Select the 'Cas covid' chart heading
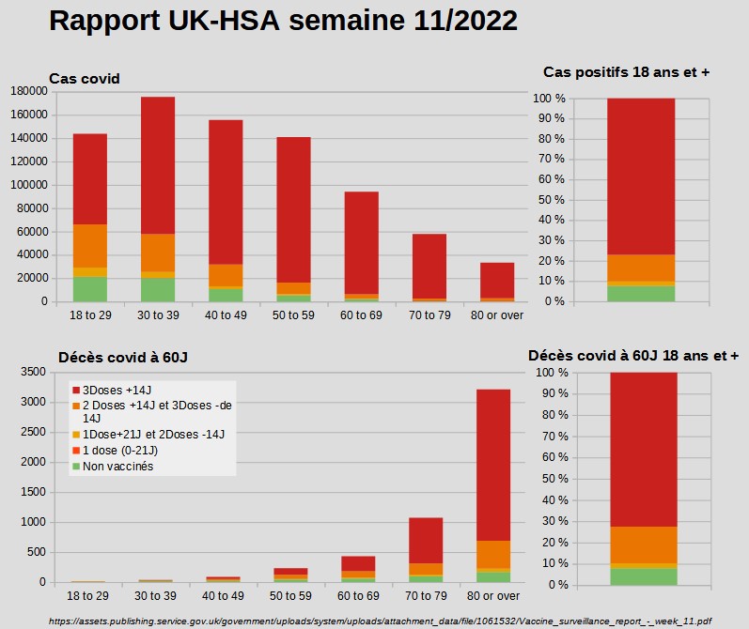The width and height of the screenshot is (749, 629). click(85, 79)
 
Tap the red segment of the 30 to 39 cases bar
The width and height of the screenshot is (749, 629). click(158, 164)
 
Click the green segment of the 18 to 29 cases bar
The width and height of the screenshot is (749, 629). click(90, 289)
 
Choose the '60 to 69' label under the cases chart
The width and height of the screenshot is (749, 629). click(361, 314)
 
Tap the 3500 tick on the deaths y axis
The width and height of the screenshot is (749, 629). click(33, 372)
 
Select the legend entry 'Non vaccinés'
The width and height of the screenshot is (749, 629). click(117, 466)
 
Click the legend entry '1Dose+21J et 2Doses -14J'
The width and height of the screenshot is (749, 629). click(145, 434)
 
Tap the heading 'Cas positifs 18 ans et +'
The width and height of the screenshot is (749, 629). click(626, 72)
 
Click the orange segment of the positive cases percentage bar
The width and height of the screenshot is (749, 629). click(641, 268)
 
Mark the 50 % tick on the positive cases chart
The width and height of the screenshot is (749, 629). click(549, 200)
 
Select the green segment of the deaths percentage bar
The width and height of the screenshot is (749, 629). click(643, 576)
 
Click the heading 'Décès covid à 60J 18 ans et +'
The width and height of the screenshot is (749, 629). click(633, 356)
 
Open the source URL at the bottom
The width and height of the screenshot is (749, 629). click(380, 621)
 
